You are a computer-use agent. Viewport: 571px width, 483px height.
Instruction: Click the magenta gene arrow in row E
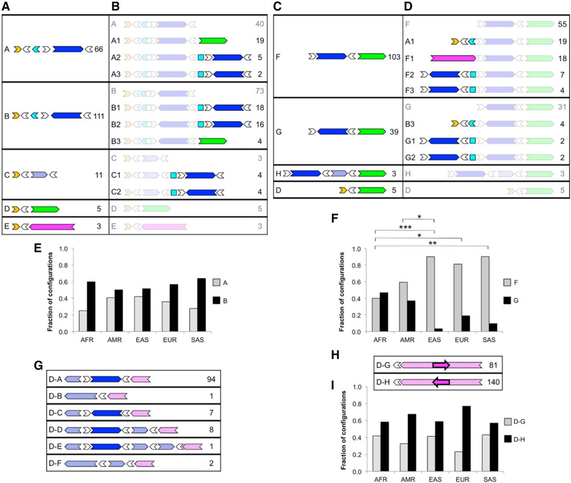coord(52,227)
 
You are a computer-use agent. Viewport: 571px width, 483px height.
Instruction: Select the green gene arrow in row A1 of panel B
coord(213,41)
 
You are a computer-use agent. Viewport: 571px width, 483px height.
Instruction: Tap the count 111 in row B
coord(99,116)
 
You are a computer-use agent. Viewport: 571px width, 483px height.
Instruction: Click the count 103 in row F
coord(394,57)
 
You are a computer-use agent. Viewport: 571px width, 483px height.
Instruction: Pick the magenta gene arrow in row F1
coord(453,58)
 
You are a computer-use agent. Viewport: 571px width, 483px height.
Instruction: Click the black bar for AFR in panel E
coord(91,306)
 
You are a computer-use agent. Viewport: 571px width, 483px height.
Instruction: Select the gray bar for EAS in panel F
coord(430,294)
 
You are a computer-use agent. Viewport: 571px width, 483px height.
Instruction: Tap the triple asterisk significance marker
coord(405,227)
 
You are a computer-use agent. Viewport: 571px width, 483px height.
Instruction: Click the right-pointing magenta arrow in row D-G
coord(441,365)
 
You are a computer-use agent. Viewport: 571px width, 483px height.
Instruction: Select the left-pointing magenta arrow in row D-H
coord(441,382)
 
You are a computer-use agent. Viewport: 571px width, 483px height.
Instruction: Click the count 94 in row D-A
coord(211,380)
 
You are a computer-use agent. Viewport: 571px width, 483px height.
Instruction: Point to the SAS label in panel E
coord(197,340)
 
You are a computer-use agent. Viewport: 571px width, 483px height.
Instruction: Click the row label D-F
coord(55,463)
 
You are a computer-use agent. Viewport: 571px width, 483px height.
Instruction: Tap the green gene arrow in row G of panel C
coord(372,132)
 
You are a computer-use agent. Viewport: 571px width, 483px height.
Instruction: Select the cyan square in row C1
coord(174,175)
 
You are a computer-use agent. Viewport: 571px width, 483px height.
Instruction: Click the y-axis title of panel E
coord(50,292)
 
